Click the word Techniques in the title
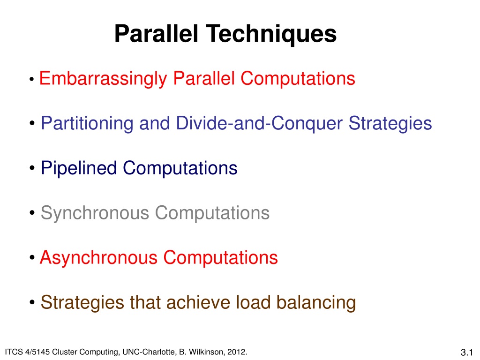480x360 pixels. [x=271, y=34]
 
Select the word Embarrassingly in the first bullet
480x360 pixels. [x=103, y=79]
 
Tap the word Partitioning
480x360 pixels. [x=87, y=124]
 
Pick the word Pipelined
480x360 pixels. [x=79, y=169]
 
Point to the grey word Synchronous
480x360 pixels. [x=95, y=213]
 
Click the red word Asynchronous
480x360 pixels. [x=98, y=258]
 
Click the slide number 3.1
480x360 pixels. [x=466, y=352]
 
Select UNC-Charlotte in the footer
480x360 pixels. [x=150, y=352]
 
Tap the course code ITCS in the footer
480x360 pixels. [x=14, y=352]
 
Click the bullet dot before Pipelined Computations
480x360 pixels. [x=32, y=168]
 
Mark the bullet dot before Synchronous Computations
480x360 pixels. [x=32, y=213]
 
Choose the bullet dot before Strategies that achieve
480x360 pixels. [x=32, y=303]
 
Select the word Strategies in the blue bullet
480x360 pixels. [x=390, y=124]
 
